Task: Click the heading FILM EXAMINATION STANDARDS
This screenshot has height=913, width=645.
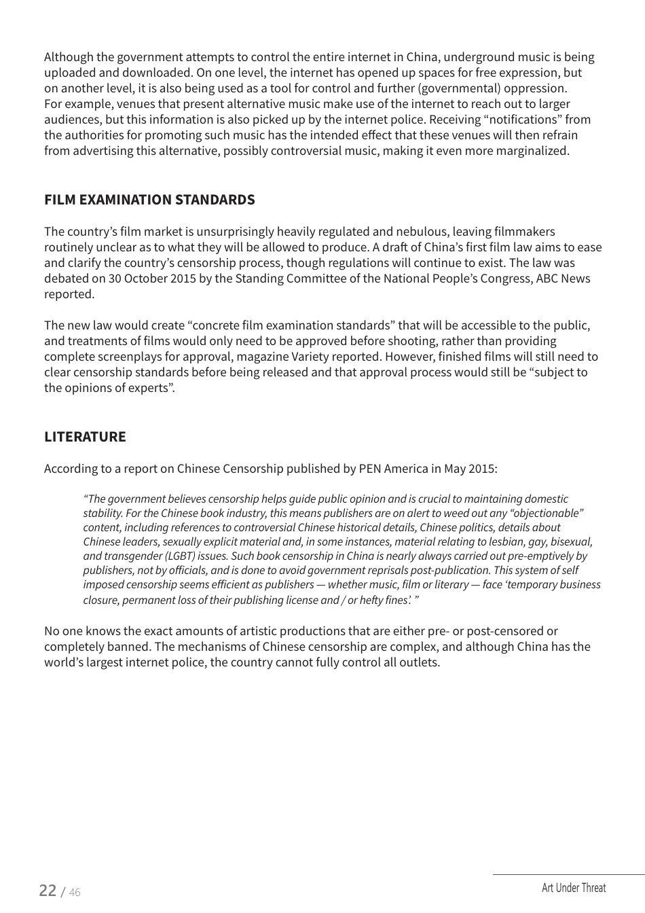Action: [x=149, y=200]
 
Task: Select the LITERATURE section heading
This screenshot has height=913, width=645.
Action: [x=85, y=437]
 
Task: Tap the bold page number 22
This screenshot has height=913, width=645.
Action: [x=48, y=890]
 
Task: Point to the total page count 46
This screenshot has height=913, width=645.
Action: [x=74, y=893]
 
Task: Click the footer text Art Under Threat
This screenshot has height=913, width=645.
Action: [x=573, y=887]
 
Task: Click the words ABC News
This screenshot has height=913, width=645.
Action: [x=563, y=279]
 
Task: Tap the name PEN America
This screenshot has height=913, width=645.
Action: [x=393, y=469]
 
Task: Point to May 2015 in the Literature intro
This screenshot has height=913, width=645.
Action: [x=471, y=469]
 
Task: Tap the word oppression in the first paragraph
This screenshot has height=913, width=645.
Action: [x=534, y=88]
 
